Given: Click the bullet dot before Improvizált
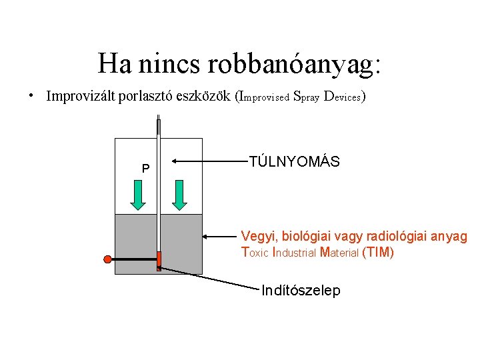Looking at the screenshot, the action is (x=31, y=96).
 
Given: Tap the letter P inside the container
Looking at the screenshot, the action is (x=145, y=168).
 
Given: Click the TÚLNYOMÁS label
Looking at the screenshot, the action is (x=294, y=161).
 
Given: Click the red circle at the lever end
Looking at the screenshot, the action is (x=107, y=259).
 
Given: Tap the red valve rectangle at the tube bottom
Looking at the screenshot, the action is (x=159, y=260).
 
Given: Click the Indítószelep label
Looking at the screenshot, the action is (x=301, y=291).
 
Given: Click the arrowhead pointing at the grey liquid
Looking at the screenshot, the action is (x=207, y=235).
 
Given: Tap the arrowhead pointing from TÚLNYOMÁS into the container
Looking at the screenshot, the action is (x=175, y=161).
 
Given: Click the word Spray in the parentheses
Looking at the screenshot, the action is (x=306, y=96).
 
